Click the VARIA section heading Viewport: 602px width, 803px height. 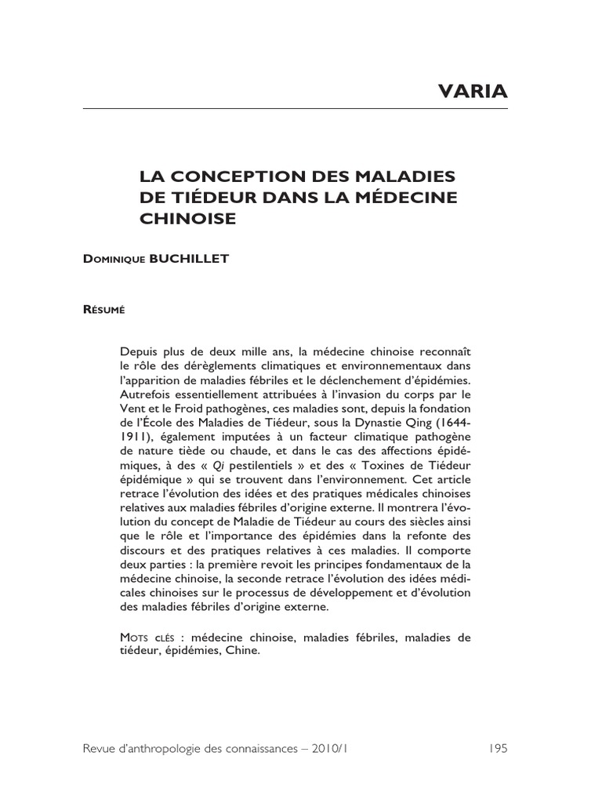click(472, 93)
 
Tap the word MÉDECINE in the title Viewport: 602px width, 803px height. click(406, 196)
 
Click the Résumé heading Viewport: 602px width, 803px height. click(103, 310)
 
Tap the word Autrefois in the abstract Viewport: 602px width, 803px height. click(147, 394)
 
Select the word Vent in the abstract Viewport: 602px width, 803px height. click(134, 409)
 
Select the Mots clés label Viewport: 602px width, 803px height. click(147, 638)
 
